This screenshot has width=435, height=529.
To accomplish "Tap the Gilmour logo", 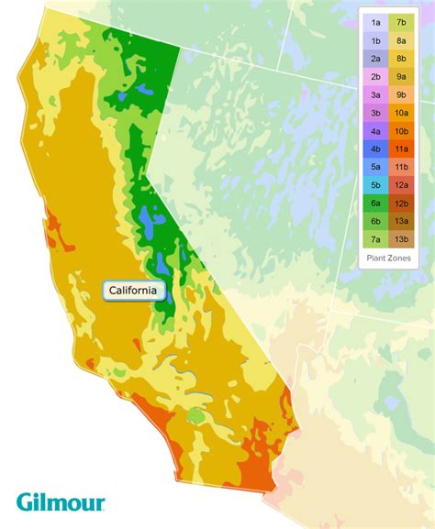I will [61, 501].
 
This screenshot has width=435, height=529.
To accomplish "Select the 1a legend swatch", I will [376, 22].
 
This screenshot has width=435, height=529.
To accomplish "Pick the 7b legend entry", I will [402, 22].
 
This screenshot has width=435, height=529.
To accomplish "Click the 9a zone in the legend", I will [402, 75].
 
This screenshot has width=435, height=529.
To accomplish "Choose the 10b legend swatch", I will [402, 130].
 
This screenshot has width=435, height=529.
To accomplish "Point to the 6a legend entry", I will [376, 203].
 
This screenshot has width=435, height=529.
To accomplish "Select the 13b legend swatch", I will [402, 239].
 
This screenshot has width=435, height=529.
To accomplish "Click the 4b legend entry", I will [376, 149].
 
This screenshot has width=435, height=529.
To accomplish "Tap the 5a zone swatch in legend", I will [376, 167].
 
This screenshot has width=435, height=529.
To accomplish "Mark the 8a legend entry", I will [402, 40].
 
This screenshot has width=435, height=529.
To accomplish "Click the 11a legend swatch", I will [402, 149].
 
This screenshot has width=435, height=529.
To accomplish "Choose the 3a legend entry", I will [376, 94].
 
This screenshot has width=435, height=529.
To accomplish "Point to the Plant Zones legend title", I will [389, 259].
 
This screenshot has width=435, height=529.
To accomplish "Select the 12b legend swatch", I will [402, 203].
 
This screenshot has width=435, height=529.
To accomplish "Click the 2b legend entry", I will [376, 75].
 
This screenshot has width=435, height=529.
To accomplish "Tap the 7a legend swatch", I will [376, 239].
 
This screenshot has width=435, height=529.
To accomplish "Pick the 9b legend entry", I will [402, 94].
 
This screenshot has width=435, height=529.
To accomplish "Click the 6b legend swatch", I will [376, 221].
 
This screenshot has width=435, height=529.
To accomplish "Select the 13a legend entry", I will [402, 221].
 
